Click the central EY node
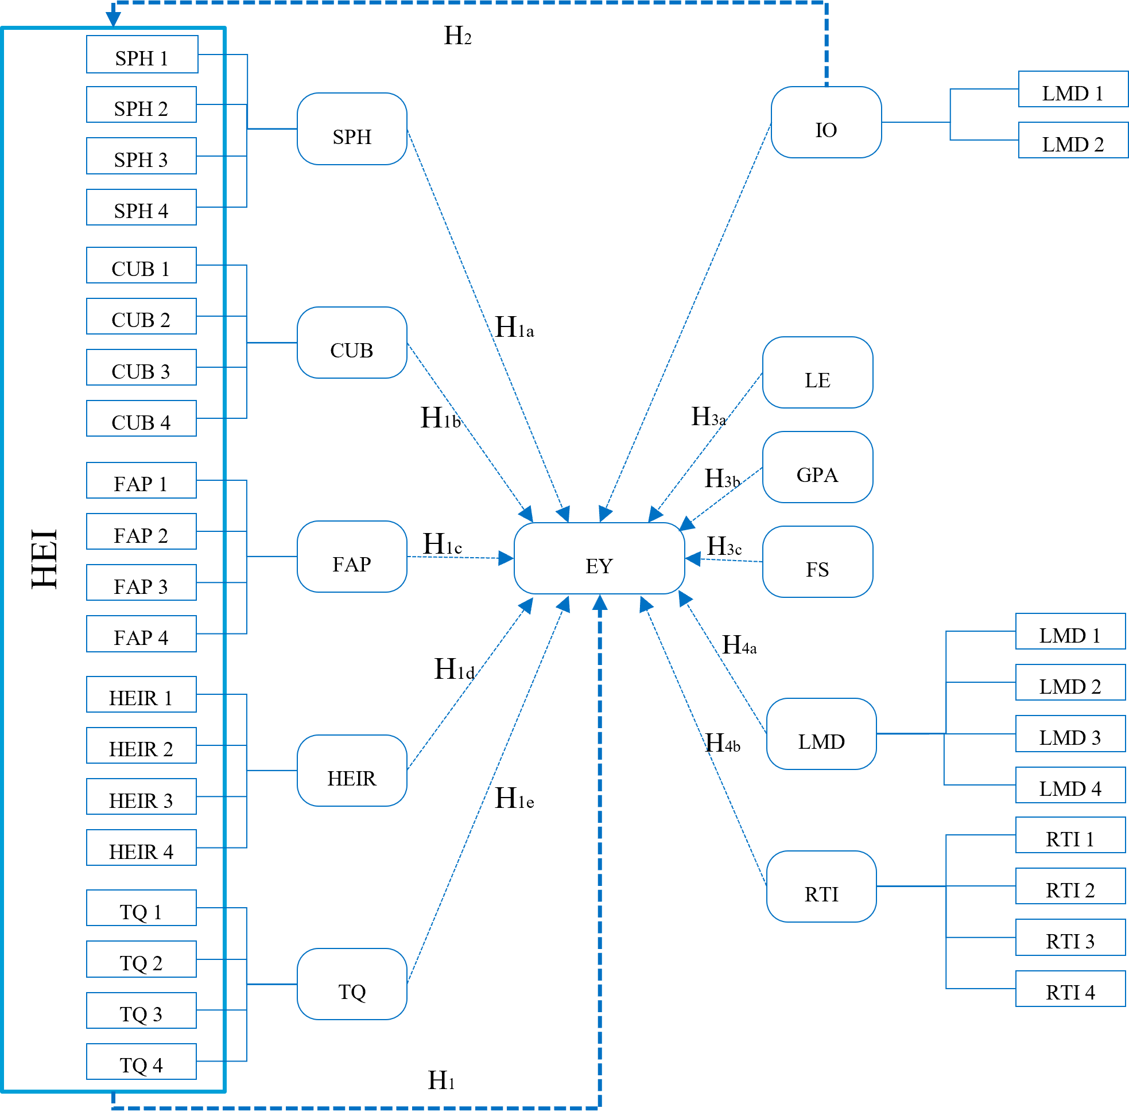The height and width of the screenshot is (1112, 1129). click(599, 558)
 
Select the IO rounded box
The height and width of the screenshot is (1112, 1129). click(827, 122)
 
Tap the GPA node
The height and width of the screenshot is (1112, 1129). click(817, 467)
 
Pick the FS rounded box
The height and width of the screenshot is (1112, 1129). click(817, 562)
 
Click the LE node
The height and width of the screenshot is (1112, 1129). click(817, 372)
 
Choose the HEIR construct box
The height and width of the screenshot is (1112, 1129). click(352, 771)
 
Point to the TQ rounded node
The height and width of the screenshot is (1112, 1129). click(352, 984)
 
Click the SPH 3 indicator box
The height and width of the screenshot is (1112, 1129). click(141, 156)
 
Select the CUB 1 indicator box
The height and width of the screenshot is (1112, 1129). click(141, 265)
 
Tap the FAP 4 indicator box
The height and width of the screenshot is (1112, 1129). click(141, 633)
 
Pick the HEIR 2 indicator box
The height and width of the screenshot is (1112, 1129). click(141, 745)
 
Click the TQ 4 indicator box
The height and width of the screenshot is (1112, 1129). click(141, 1061)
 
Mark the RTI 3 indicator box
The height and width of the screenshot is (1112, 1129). click(1070, 938)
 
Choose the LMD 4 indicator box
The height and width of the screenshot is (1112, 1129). click(1070, 785)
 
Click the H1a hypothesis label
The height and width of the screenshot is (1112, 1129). click(514, 327)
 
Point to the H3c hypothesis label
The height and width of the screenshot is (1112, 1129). click(724, 546)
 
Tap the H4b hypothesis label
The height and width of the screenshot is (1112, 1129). click(723, 743)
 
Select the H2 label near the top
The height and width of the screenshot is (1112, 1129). click(457, 36)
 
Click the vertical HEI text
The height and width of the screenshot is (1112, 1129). click(44, 559)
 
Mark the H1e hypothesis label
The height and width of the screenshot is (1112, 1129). click(514, 798)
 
